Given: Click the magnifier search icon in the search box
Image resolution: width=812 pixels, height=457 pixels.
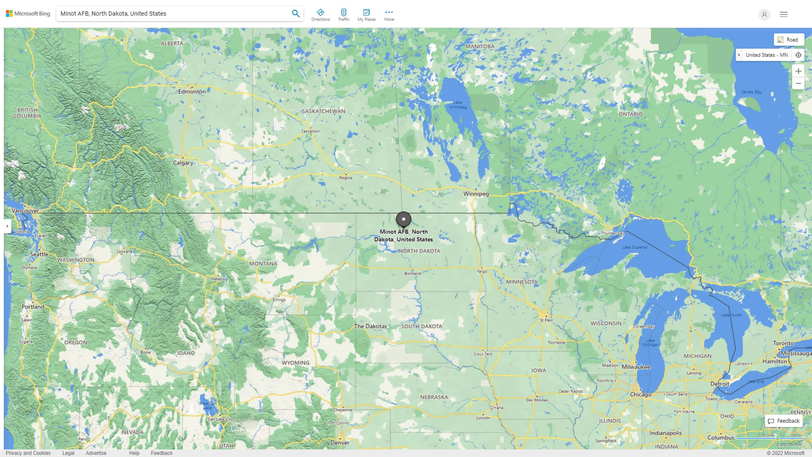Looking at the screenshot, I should (296, 14).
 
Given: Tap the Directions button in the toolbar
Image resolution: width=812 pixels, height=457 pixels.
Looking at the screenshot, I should (321, 15).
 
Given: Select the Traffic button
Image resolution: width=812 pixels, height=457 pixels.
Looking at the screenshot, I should (344, 15).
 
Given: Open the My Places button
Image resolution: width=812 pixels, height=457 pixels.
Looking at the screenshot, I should (366, 15).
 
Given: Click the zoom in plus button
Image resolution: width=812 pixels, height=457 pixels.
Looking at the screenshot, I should (798, 71).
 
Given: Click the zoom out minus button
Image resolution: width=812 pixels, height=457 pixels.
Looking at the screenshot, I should (798, 84).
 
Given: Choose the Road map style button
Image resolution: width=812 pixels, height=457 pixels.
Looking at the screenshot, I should (789, 40).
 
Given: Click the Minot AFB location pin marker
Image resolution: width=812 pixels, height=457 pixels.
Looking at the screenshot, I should (403, 219).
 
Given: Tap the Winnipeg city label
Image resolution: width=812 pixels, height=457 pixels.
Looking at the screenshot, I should (476, 194).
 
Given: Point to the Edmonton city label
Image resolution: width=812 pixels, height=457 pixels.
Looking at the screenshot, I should (192, 92).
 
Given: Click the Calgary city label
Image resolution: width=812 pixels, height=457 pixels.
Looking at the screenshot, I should (183, 163).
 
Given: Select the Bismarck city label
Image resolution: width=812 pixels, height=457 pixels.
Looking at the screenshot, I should (412, 273).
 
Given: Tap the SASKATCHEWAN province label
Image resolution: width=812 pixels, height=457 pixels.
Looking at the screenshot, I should (323, 111).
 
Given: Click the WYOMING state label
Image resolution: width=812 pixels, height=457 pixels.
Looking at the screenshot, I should (295, 363).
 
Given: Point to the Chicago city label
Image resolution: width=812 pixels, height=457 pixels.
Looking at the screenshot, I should (640, 395).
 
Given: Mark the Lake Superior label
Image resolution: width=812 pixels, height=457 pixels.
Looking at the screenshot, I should (634, 247).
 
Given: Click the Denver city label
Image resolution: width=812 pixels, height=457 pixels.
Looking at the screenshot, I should (340, 443).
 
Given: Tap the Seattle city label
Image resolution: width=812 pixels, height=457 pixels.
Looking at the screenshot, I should (39, 254).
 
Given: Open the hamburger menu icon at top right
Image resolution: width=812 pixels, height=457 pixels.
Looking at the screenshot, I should (783, 14).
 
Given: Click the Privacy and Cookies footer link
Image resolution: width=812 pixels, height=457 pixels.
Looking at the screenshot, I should (28, 453).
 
